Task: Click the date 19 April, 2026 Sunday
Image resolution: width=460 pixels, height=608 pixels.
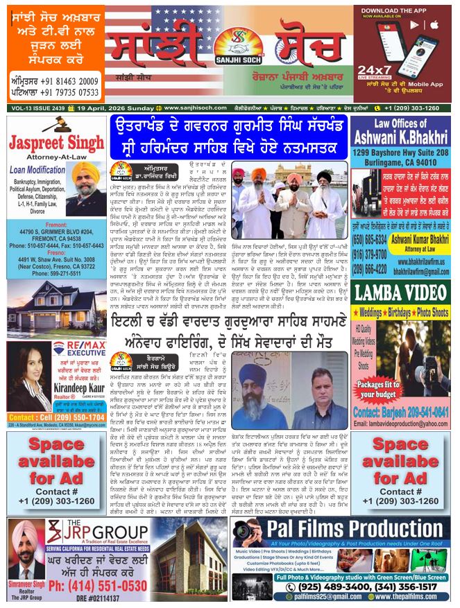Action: pos(110,108)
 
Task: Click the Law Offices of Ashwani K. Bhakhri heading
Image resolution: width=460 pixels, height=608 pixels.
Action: pos(400,128)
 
